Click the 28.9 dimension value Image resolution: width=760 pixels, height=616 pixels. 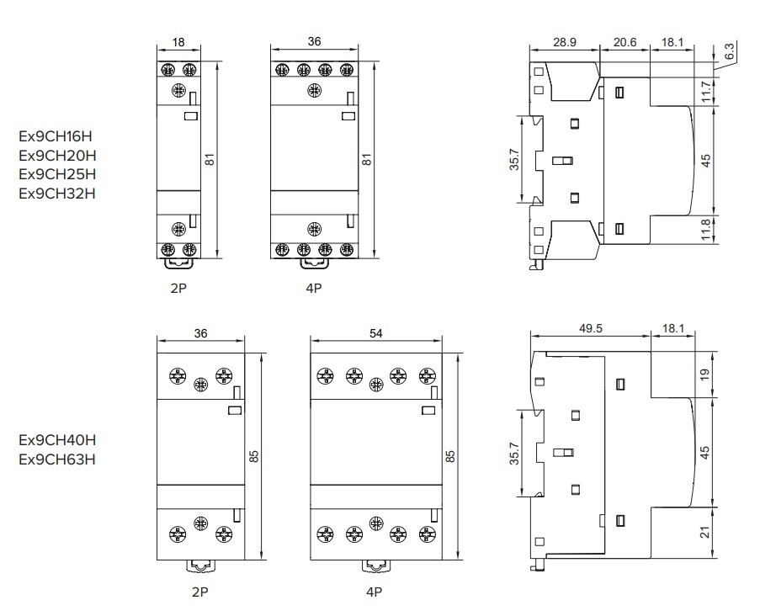pos(565,41)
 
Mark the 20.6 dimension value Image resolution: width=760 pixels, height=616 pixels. pos(624,41)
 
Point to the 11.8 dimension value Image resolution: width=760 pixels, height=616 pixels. pos(707,228)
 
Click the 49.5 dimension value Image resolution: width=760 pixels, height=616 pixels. pos(590,330)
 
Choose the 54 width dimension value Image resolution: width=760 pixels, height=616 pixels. pos(375,333)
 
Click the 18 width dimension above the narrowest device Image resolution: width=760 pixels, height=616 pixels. pos(178,42)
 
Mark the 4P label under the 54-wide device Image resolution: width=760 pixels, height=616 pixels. pos(375,592)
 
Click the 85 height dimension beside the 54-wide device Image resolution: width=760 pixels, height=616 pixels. pos(450,456)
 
